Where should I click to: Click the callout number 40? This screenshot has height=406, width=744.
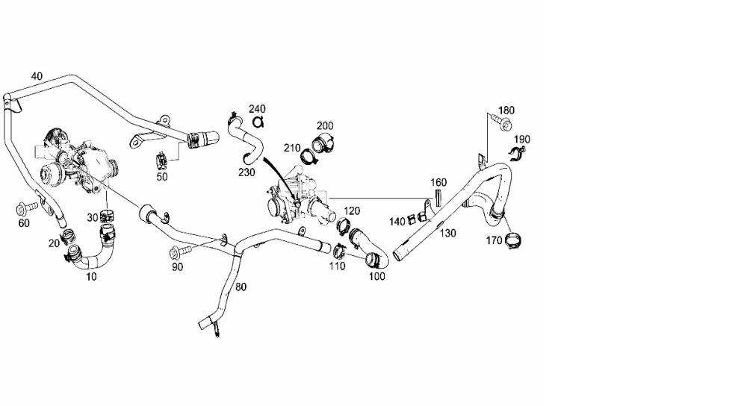click(x=37, y=76)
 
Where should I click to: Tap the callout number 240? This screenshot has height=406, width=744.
click(x=257, y=109)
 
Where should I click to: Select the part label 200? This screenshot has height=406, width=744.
click(x=325, y=125)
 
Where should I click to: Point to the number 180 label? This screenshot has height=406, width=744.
click(x=506, y=110)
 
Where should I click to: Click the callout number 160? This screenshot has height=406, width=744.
click(x=438, y=182)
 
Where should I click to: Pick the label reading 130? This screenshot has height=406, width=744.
click(x=448, y=233)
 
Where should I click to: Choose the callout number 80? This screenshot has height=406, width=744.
click(x=241, y=287)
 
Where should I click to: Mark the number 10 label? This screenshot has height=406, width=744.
click(x=91, y=277)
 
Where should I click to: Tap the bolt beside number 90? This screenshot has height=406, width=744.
click(x=180, y=249)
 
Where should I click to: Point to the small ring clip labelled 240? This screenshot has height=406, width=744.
click(x=258, y=122)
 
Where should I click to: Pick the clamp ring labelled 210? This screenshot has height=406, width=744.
click(x=309, y=156)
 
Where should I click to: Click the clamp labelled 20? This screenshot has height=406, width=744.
click(x=68, y=234)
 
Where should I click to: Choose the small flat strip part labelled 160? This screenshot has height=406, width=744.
click(x=438, y=197)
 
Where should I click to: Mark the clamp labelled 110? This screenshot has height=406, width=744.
click(x=340, y=250)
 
